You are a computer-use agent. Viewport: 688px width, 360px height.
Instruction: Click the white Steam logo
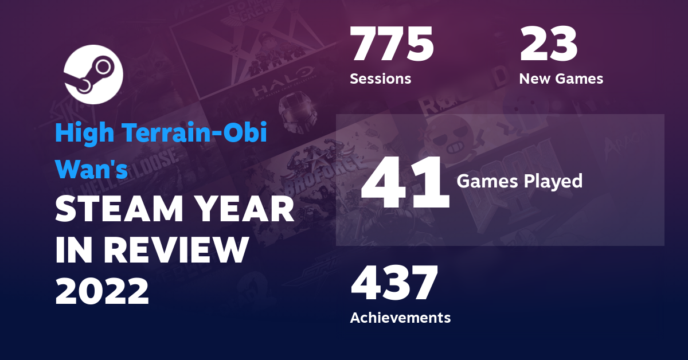pyautogui.click(x=93, y=75)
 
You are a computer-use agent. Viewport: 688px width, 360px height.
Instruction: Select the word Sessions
pyautogui.click(x=380, y=79)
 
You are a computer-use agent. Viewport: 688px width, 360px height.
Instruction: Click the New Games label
pyautogui.click(x=561, y=79)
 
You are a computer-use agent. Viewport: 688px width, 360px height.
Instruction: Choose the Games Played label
pyautogui.click(x=519, y=182)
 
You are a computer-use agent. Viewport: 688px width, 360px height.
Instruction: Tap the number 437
pyautogui.click(x=394, y=284)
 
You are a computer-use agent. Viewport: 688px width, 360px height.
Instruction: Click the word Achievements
pyautogui.click(x=400, y=317)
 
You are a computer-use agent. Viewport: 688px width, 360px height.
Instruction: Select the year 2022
pyautogui.click(x=102, y=291)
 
